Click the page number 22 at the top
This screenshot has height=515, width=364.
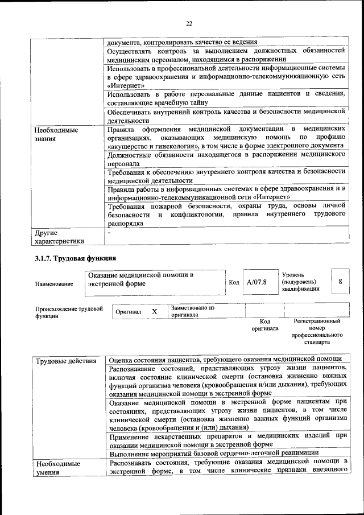189,23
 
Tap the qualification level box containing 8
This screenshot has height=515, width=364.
340,282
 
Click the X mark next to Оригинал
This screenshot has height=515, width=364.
154,312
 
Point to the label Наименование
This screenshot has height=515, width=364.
54,283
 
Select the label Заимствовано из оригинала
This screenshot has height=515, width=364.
192,311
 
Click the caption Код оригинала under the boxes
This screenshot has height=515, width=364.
264,325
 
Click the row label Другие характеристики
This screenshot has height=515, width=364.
59,236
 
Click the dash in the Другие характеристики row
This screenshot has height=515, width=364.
110,232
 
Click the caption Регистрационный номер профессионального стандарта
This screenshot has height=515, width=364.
316,332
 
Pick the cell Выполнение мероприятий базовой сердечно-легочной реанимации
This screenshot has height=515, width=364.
213,453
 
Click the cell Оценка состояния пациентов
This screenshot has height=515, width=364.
225,360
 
